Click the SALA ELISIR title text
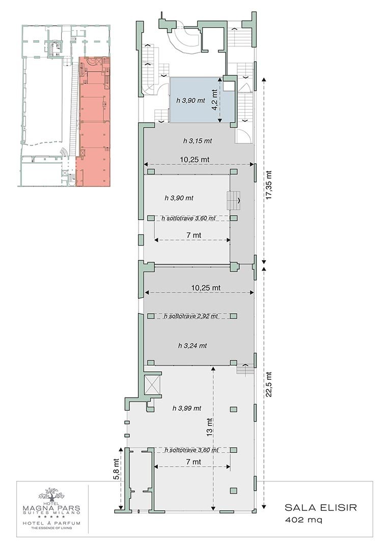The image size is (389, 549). pos(321,507)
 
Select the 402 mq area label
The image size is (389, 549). pos(303,520)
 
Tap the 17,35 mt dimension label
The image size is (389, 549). pos(269,185)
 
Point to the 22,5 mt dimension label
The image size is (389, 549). pos(269,384)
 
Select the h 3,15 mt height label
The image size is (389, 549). pos(198,141)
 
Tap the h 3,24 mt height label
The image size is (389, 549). pos(192,346)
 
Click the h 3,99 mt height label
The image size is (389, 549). pos(186,408)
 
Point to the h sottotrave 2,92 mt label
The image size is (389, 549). pos(191,316)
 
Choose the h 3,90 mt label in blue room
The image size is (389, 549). pos(190,101)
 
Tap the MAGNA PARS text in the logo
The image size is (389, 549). pos(51,508)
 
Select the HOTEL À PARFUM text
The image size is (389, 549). pos(51,524)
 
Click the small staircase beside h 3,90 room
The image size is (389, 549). pos(234,201)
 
